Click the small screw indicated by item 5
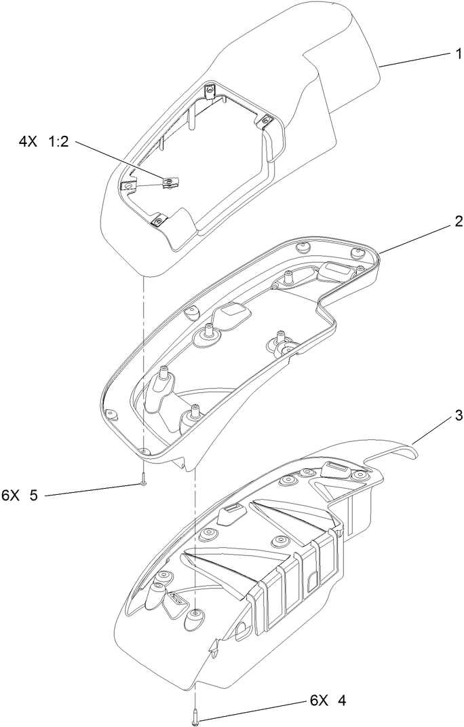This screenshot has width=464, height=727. (x=144, y=483)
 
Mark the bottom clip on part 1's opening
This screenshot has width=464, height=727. (x=158, y=220)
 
